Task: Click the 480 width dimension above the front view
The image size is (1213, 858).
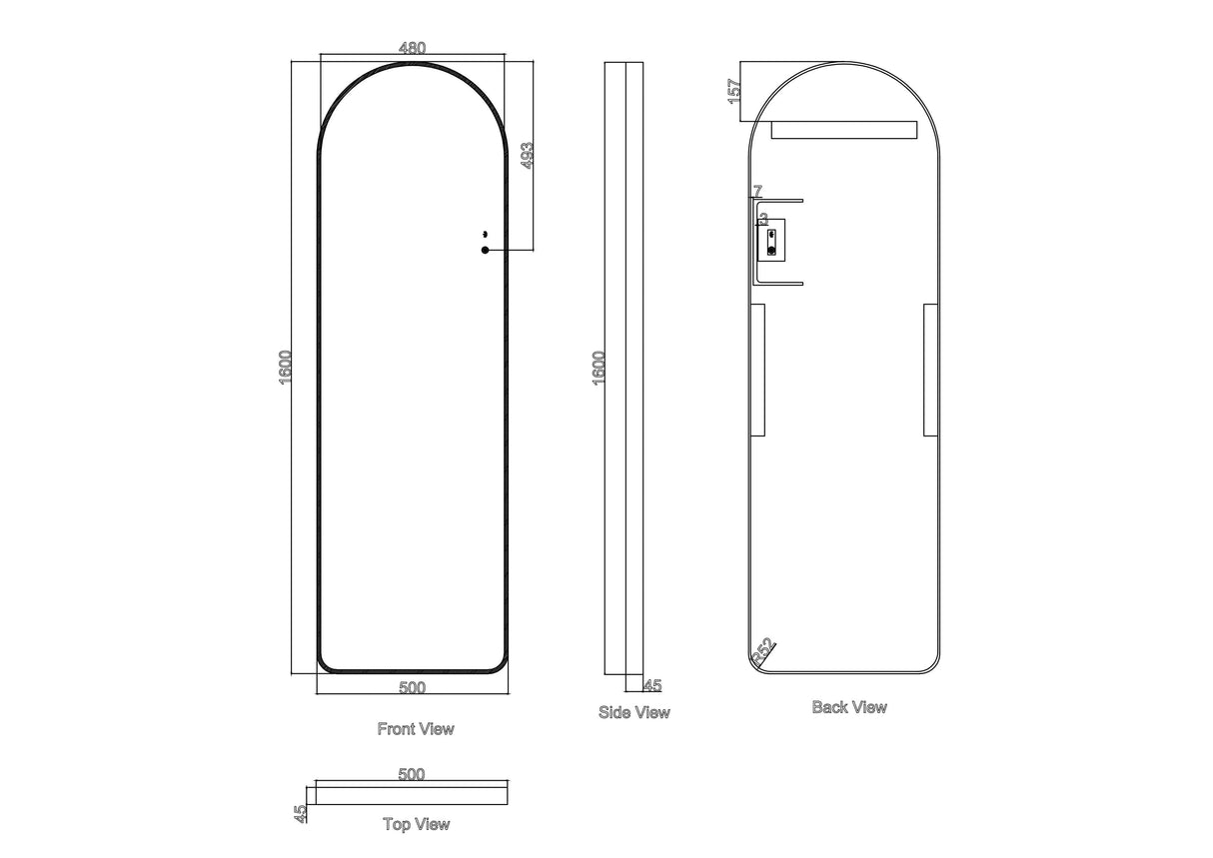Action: (412, 48)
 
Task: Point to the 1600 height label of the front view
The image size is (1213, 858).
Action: (286, 369)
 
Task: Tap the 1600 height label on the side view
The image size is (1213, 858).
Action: (599, 369)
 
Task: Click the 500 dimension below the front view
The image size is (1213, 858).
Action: (412, 687)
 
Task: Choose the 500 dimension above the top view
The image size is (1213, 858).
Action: (412, 774)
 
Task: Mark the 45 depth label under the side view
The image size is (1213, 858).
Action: (651, 685)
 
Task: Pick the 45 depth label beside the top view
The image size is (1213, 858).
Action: (299, 813)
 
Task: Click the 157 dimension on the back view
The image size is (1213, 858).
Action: (734, 92)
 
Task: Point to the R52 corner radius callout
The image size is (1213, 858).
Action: (762, 652)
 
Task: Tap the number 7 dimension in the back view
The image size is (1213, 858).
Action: (757, 191)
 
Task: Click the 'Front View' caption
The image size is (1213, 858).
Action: (415, 729)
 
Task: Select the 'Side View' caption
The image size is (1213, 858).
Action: (633, 712)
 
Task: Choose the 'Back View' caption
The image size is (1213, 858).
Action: (849, 707)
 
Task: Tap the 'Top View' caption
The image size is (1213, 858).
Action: (416, 824)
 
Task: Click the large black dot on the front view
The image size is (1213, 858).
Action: (485, 250)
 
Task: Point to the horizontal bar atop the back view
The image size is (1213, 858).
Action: (843, 131)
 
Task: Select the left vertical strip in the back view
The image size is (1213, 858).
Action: (757, 371)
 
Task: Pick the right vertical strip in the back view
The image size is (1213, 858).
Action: (930, 371)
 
